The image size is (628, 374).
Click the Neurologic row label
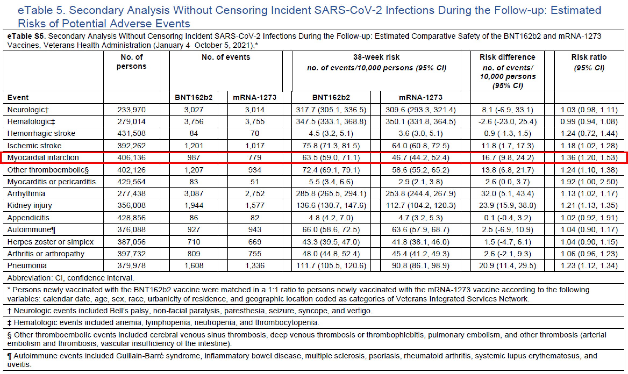[x=28, y=110]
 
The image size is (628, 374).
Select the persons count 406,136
[x=131, y=157]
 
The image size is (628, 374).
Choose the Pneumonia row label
[x=27, y=265]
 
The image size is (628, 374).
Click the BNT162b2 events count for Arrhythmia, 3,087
[x=194, y=193]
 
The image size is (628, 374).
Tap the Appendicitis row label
[x=28, y=218]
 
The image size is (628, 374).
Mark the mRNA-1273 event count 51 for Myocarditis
[x=255, y=182]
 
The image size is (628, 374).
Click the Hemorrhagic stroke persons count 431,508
[x=131, y=133]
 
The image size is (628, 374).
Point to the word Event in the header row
[x=18, y=97]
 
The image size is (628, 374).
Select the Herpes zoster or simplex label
[x=50, y=242]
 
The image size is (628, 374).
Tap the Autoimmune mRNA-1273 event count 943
[x=255, y=229]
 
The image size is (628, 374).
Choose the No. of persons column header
[x=131, y=62]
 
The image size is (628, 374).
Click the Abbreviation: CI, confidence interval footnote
[x=70, y=278]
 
